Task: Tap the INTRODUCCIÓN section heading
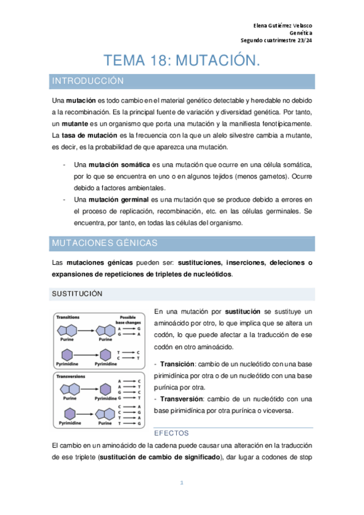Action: (x=88, y=81)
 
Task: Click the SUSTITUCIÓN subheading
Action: (x=77, y=294)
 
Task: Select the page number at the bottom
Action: (x=182, y=483)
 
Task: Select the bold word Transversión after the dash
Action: (x=181, y=398)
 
